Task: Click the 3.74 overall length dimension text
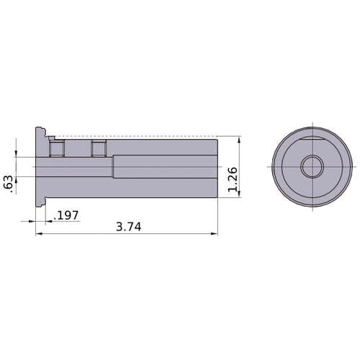pos(128,226)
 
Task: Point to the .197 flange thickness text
pos(66,215)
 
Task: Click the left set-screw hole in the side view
pos(55,149)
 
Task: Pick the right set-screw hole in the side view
pos(99,148)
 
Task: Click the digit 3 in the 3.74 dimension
pos(120,226)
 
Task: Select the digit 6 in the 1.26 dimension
pos(231,172)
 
